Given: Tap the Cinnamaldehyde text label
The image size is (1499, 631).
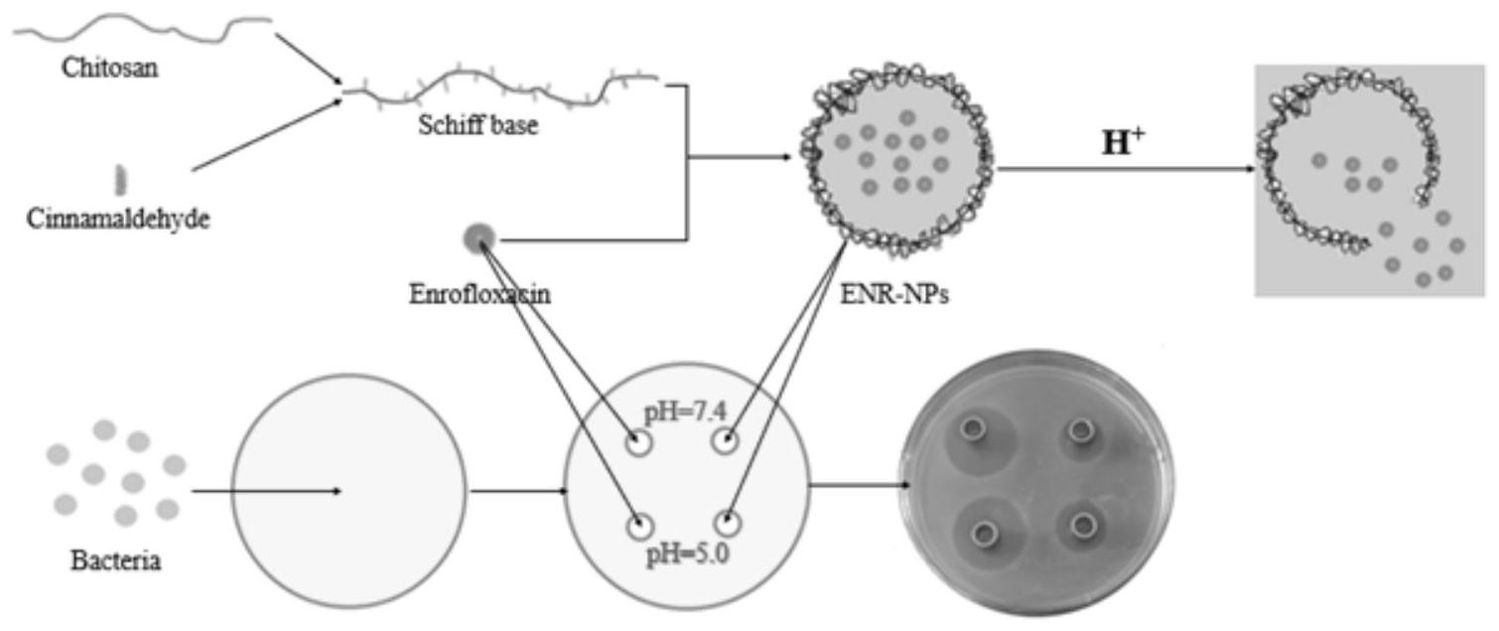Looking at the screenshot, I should coord(120,219).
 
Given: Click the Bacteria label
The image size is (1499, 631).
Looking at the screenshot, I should coord(116,560).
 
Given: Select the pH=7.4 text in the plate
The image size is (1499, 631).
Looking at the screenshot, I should coord(679,410).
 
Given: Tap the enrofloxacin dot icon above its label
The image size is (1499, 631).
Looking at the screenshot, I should coord(478,238).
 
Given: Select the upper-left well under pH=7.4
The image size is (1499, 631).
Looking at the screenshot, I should coord(638,442).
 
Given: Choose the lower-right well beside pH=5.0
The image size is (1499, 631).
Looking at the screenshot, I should coord(730,523).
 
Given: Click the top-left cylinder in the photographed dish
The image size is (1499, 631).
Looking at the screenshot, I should coord(972,430).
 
